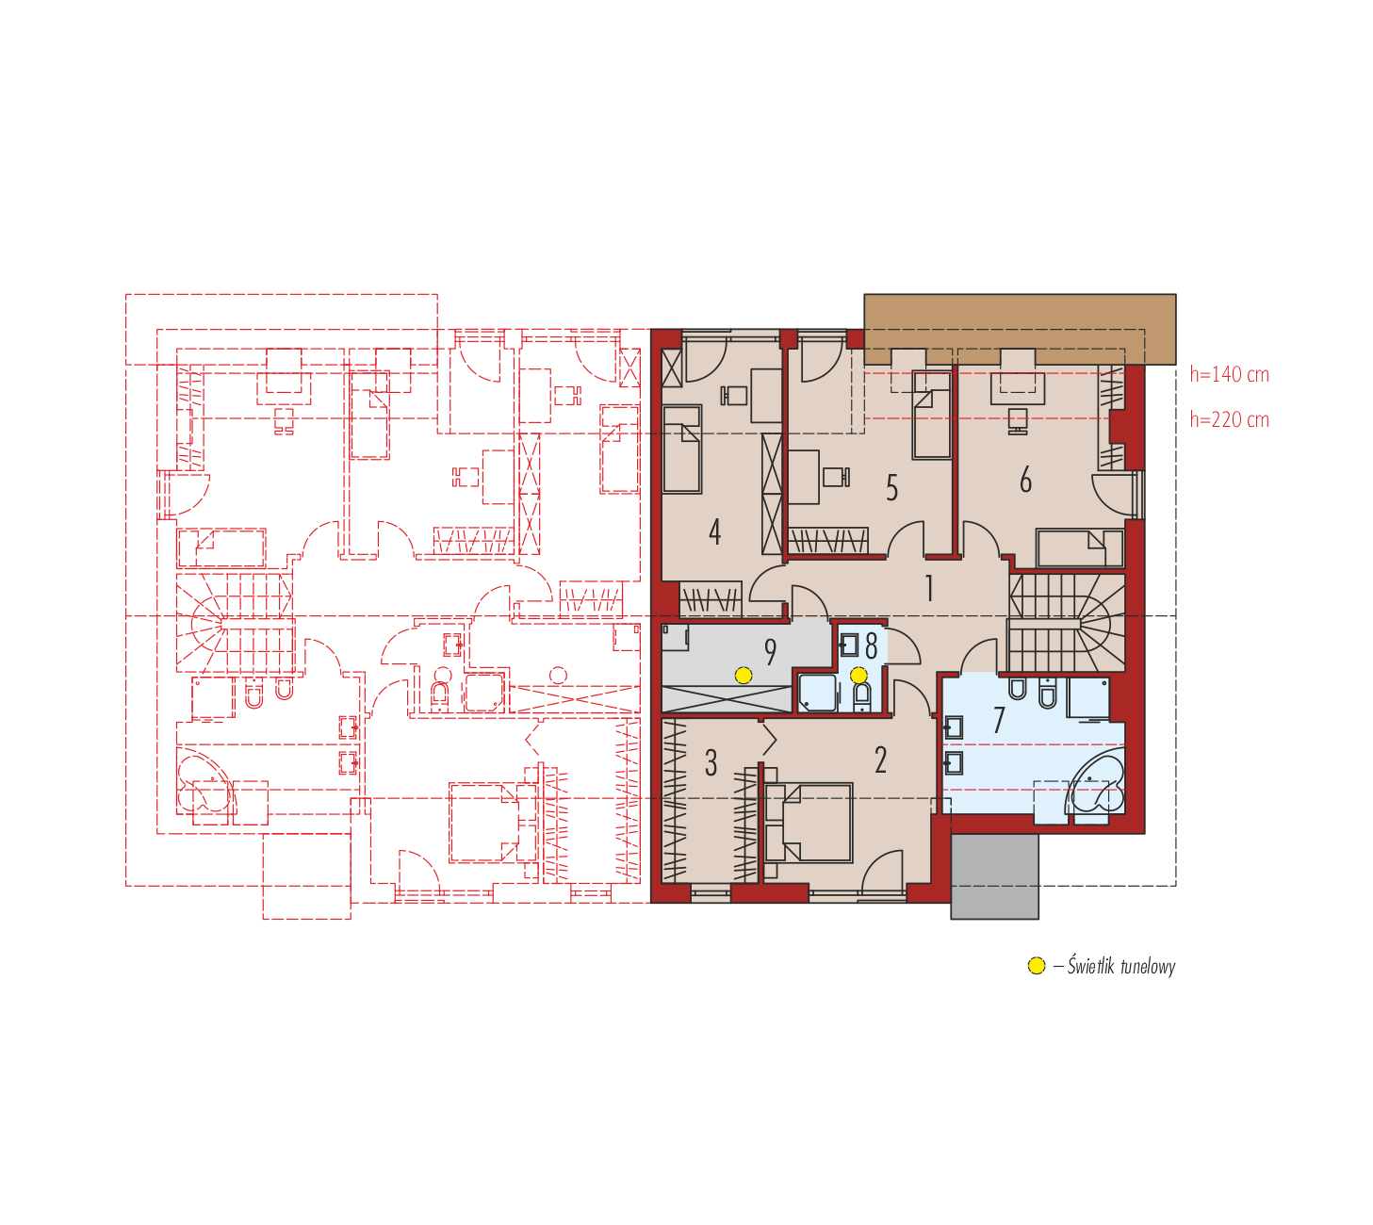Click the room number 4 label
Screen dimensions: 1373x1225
[x=714, y=531]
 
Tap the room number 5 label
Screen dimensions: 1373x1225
[x=891, y=488]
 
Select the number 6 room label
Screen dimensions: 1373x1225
[x=1025, y=480]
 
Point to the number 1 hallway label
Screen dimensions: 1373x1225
[x=929, y=588]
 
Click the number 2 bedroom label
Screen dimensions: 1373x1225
[x=880, y=760]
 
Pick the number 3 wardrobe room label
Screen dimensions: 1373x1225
[x=711, y=763]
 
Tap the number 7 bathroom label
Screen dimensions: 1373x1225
[x=998, y=720]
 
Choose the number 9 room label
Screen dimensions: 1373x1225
[x=770, y=652]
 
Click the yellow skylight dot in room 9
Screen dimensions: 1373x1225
[x=744, y=675]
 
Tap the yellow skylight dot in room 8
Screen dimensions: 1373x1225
[x=858, y=675]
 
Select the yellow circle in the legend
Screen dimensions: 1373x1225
[x=1037, y=966]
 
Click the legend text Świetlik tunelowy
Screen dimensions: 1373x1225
[x=1120, y=966]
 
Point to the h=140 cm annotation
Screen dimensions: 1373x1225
[x=1230, y=374]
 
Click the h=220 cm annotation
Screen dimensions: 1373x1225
[x=1230, y=419]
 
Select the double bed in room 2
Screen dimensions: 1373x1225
[x=809, y=822]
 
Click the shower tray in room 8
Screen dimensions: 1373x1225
[x=817, y=692]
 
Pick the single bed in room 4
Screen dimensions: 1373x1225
[x=681, y=449]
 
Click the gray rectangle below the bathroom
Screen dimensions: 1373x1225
[x=994, y=876]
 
